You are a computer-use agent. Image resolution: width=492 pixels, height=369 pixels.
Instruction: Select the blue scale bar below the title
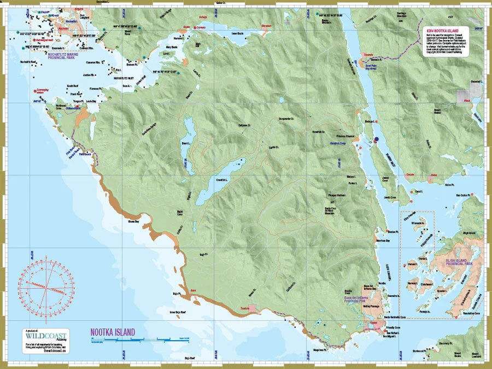pyautogui.click(x=139, y=340)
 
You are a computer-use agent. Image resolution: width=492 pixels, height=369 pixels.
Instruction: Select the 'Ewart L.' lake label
pyautogui.click(x=185, y=144)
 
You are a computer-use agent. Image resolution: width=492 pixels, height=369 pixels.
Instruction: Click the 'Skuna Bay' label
pyautogui.click(x=133, y=222)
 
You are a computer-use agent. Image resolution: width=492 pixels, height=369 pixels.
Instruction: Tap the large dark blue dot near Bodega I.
pyautogui.click(x=376, y=140)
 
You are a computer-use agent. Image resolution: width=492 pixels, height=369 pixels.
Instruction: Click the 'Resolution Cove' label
pyautogui.click(x=471, y=313)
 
